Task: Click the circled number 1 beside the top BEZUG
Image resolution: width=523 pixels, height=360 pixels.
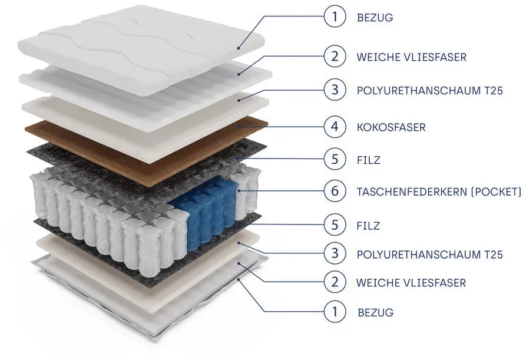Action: coord(335,16)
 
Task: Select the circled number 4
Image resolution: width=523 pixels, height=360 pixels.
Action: coord(335,127)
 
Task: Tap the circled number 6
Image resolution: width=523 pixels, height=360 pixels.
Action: coord(335,191)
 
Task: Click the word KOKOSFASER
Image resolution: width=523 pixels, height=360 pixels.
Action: coord(391,127)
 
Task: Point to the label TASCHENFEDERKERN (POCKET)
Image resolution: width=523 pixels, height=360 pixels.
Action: coord(439,192)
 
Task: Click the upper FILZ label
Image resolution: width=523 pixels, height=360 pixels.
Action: coord(368,160)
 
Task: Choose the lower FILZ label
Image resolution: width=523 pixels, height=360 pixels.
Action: coord(368,226)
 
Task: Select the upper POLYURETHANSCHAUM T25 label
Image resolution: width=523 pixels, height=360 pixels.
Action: coord(429,90)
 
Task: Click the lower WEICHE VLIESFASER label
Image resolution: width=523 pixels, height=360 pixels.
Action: coord(411,283)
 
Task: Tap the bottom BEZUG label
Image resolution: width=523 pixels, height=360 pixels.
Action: coord(375,313)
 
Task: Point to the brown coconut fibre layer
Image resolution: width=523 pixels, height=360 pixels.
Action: coord(147,150)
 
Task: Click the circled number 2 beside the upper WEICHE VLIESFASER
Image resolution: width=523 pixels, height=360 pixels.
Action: coord(335,56)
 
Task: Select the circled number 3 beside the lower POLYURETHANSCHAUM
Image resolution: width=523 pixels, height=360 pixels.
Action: coord(335,253)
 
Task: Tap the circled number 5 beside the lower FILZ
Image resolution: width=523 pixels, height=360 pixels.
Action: coord(335,224)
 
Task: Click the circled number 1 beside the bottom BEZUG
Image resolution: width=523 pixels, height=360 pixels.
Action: coord(335,312)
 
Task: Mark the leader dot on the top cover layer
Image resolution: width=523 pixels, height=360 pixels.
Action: coord(239,48)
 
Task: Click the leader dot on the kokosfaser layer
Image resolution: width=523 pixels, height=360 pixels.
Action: coord(239,127)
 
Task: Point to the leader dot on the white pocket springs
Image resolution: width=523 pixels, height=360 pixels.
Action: coord(239,191)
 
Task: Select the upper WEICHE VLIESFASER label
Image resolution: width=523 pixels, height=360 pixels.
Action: coord(411,57)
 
